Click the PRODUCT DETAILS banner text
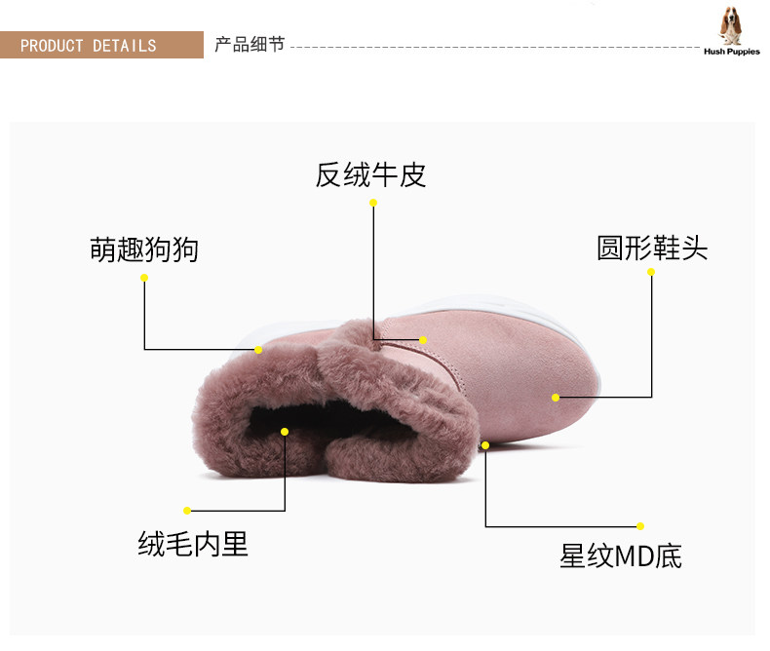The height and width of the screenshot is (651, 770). [88, 46]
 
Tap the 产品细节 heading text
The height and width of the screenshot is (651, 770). [250, 45]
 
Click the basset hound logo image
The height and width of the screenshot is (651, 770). [731, 24]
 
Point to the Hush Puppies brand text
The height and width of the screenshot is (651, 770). [731, 52]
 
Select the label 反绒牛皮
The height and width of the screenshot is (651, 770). [371, 175]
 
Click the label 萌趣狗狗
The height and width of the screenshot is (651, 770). [144, 249]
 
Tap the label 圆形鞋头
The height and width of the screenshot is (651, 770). [652, 248]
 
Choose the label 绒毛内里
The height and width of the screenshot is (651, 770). [193, 544]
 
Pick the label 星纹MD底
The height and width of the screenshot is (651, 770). [621, 556]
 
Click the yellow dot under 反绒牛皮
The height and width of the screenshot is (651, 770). [372, 203]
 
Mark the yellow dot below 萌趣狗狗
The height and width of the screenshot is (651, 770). [144, 278]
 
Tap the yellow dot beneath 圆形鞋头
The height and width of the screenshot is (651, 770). [651, 272]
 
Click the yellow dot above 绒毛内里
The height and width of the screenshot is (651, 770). [187, 510]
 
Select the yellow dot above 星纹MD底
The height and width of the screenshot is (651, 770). [640, 526]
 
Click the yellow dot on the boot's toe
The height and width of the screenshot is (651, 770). [556, 397]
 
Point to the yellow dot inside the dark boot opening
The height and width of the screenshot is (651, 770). [285, 431]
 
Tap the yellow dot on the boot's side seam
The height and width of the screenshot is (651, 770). [423, 340]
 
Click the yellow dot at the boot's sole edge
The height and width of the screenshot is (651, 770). [485, 445]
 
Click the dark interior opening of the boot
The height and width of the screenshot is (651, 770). [292, 429]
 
